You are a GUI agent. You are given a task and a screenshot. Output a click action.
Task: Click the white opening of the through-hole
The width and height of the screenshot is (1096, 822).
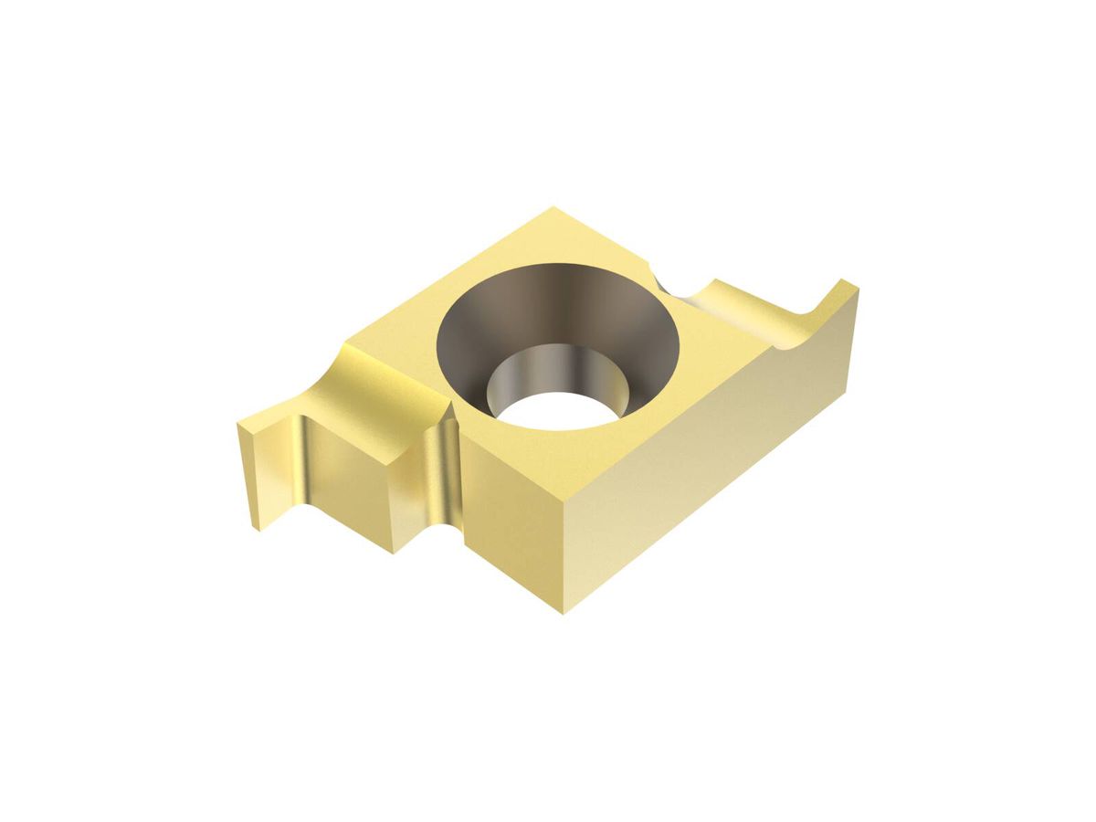557,411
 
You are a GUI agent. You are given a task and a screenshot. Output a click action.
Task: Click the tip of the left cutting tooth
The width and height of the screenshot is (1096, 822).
240,426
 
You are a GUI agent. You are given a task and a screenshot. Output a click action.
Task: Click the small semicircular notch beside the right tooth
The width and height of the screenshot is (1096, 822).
671,279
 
